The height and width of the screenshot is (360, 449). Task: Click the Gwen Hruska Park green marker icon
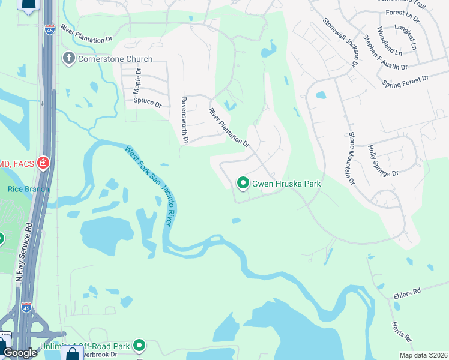(x=243, y=183)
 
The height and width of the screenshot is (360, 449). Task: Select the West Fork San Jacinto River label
(x=150, y=186)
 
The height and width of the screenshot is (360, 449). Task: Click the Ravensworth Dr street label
(x=185, y=121)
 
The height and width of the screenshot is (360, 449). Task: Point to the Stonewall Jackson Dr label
(x=340, y=41)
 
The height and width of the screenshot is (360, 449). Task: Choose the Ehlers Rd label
(x=409, y=292)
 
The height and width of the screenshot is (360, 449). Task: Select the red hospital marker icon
(x=43, y=163)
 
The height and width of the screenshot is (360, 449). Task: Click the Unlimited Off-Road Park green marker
(x=139, y=345)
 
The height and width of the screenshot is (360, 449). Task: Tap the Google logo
(x=20, y=353)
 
